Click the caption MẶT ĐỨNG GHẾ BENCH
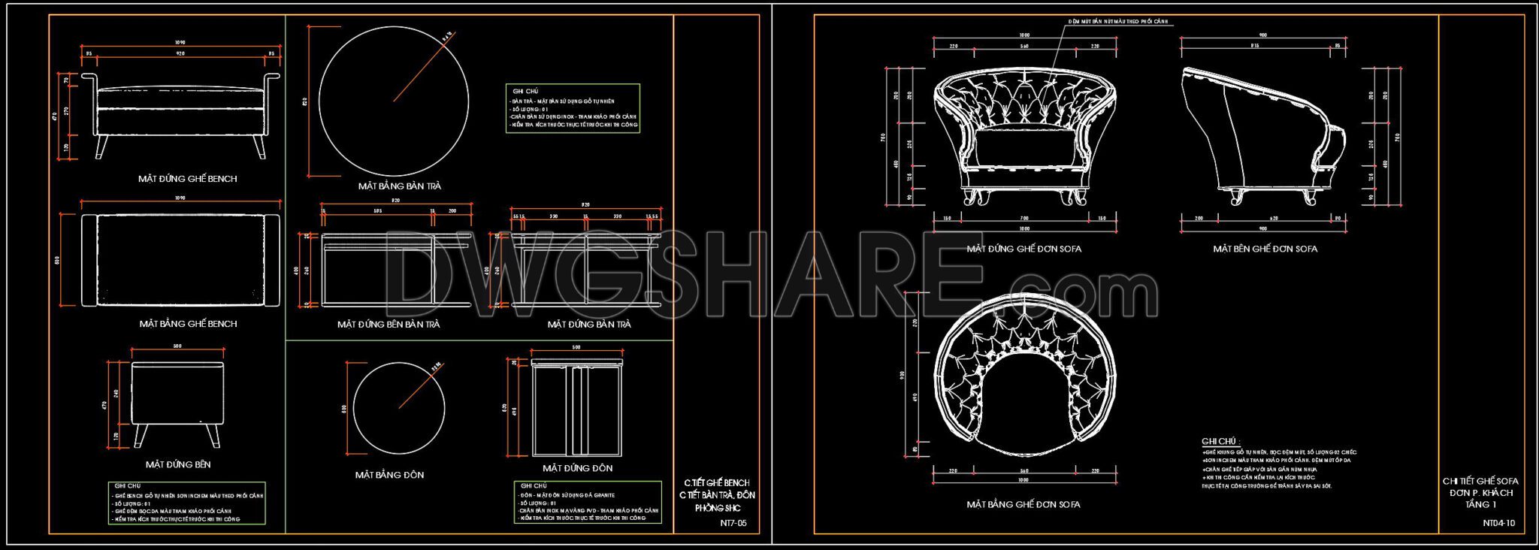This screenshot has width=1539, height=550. (187, 179)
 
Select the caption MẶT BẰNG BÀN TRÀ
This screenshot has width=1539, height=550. (399, 186)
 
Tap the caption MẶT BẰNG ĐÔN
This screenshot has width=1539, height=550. (389, 475)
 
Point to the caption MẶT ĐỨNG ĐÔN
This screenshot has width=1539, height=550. (577, 468)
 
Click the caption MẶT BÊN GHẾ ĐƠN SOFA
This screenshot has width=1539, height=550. (1265, 249)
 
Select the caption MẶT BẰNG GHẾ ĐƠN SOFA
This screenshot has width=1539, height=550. (1023, 505)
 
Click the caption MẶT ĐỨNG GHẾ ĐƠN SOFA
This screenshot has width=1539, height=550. (1023, 249)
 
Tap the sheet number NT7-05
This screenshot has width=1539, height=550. (733, 523)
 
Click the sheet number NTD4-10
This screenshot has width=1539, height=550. (1498, 523)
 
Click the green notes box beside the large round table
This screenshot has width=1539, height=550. (573, 109)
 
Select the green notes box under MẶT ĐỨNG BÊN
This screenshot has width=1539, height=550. (186, 503)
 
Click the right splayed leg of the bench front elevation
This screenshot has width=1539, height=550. (260, 147)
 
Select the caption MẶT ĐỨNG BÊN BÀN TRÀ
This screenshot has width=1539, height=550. (389, 325)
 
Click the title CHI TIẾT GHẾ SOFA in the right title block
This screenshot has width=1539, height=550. (1480, 481)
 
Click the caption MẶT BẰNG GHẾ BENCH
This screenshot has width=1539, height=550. (188, 324)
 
